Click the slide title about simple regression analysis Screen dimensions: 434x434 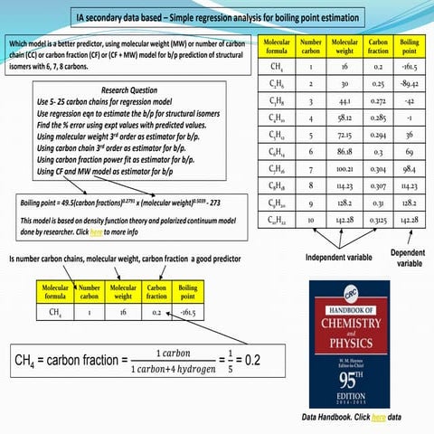point(217,18)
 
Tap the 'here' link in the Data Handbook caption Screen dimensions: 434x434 point(378,417)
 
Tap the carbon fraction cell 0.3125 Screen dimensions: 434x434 point(378,220)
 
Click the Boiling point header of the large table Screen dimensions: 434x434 point(408,45)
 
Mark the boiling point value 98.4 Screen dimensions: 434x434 point(408,168)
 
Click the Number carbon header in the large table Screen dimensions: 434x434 point(311,45)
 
